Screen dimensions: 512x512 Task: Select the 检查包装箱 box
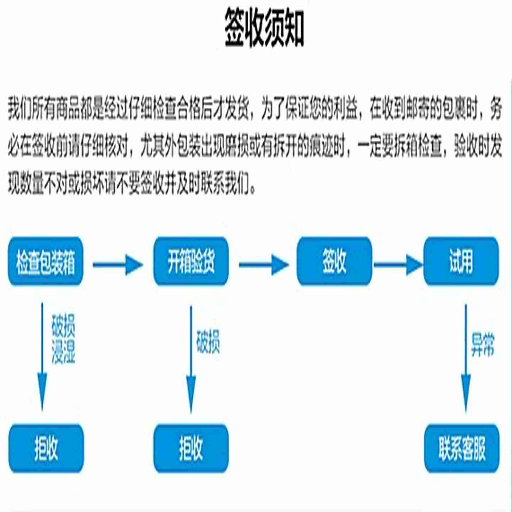tap(46, 262)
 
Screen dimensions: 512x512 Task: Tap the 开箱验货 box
tap(191, 262)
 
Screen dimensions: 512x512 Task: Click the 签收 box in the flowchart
tap(334, 262)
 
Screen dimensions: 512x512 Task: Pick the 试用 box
tap(461, 262)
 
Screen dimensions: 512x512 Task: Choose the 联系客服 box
tap(462, 448)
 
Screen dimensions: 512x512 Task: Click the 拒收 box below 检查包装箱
tap(46, 448)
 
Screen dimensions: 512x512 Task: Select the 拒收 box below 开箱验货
tap(191, 448)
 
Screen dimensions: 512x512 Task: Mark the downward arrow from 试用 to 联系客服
tap(466, 359)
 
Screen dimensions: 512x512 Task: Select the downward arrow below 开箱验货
tap(191, 359)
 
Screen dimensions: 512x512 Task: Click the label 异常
tap(482, 345)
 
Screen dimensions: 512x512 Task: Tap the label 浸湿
tap(63, 352)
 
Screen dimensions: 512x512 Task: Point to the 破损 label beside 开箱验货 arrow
tap(208, 342)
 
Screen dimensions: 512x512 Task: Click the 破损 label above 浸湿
tap(63, 326)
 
